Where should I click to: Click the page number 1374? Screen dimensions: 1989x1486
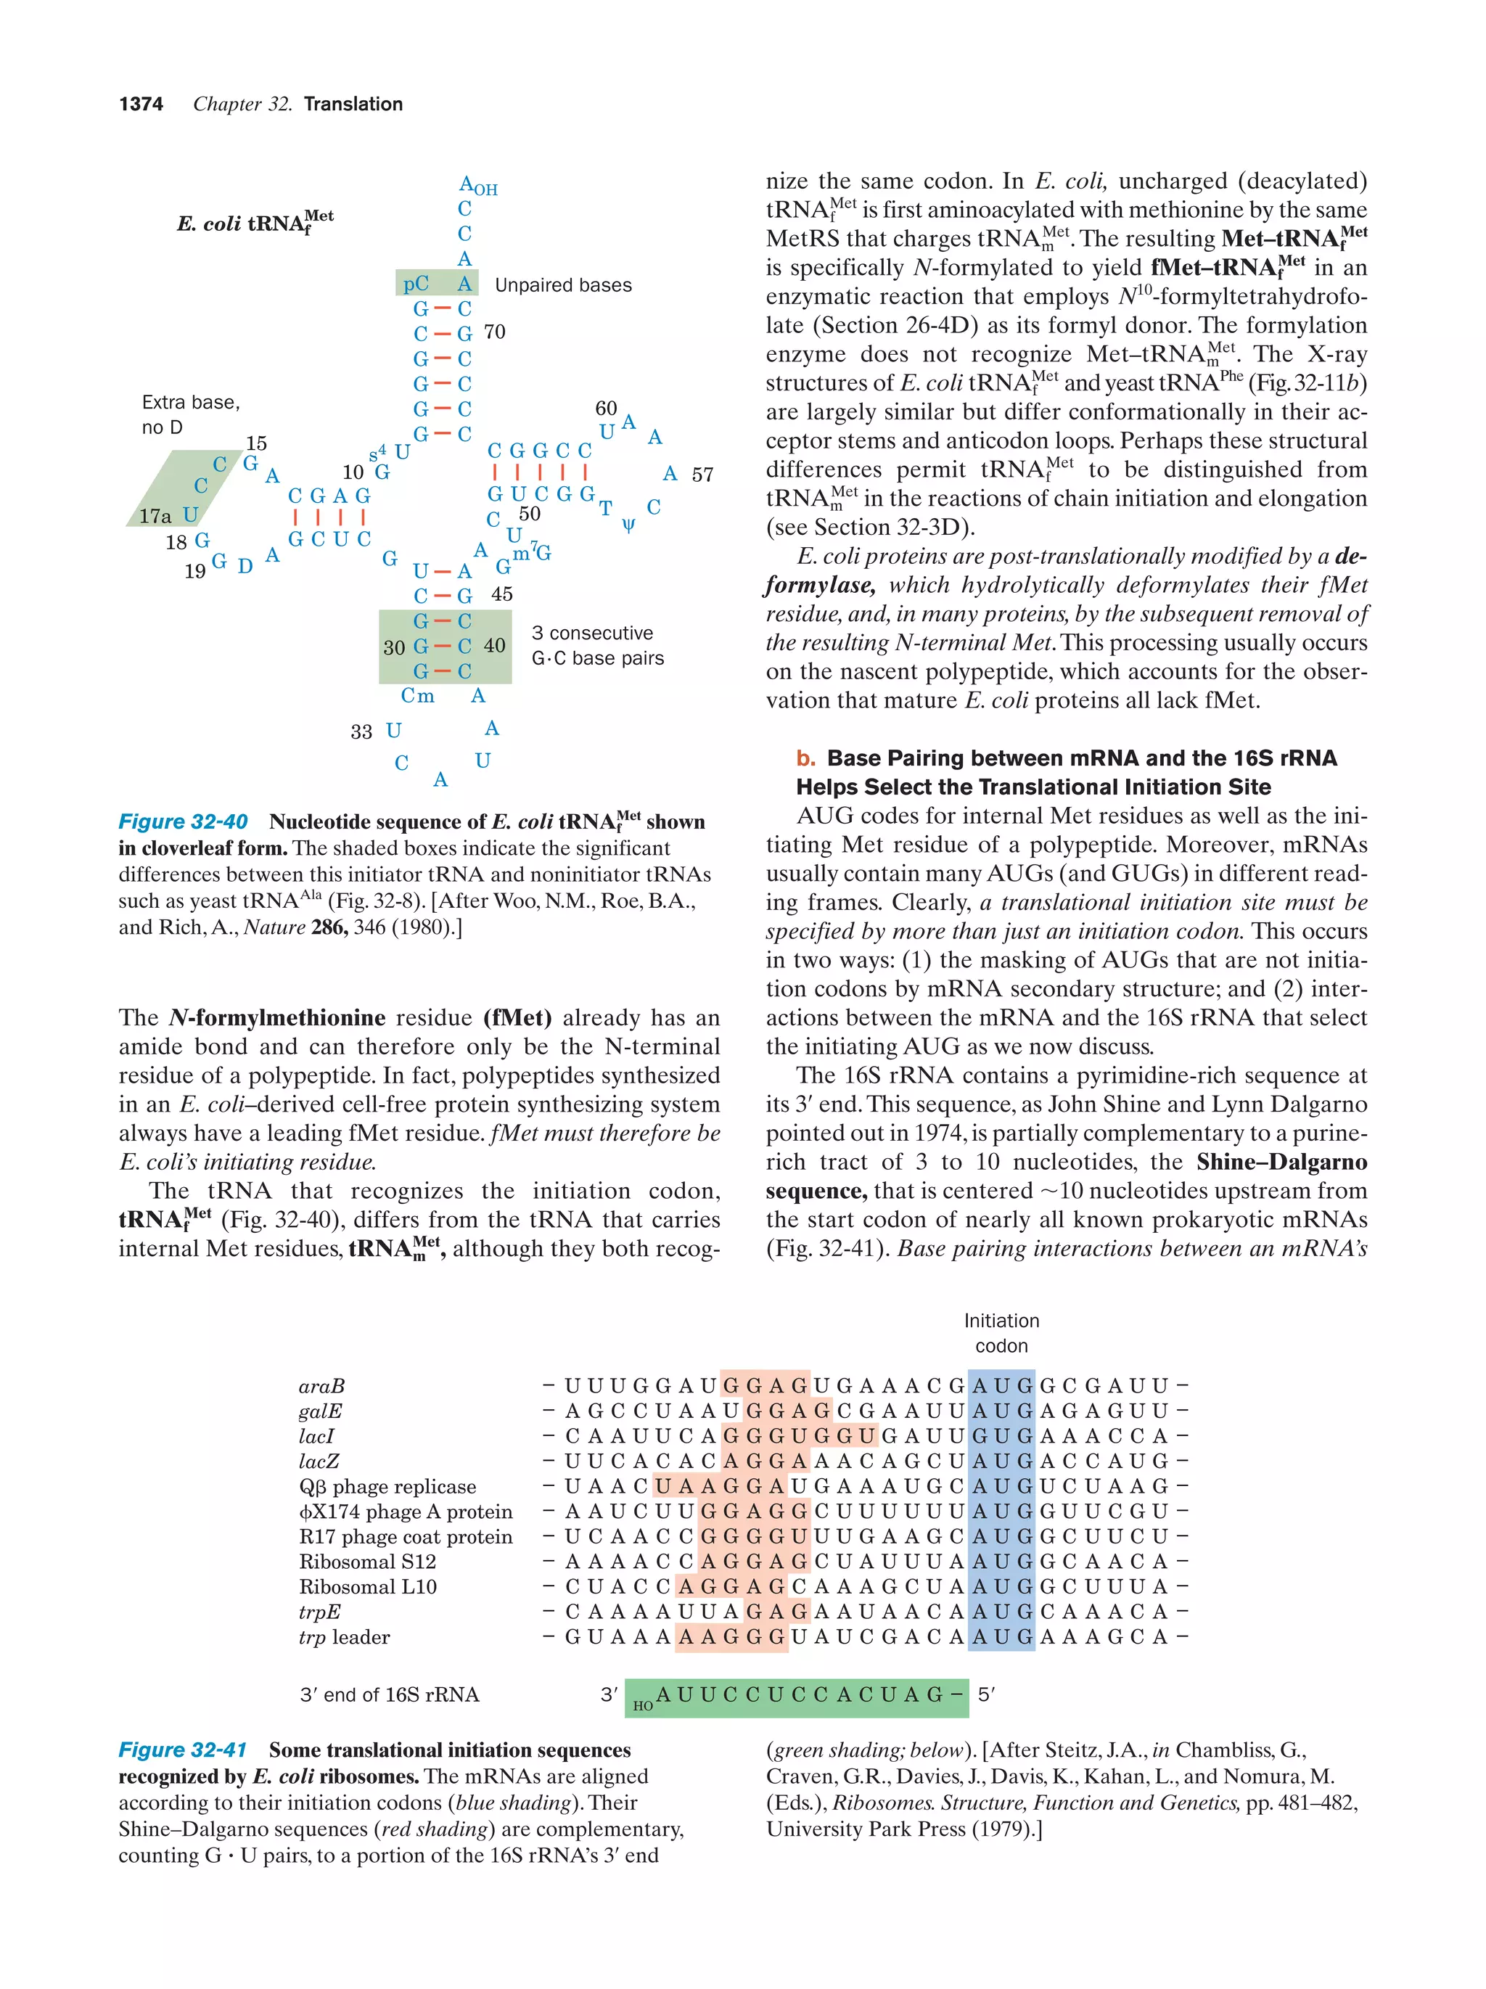click(141, 104)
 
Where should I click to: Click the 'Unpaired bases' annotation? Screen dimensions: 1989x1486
click(563, 285)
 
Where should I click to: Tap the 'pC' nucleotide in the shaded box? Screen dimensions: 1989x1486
click(415, 284)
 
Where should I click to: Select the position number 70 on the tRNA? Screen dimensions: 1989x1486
click(494, 332)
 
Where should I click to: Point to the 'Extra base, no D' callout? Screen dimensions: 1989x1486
click(191, 414)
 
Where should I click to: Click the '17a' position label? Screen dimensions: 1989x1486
click(154, 515)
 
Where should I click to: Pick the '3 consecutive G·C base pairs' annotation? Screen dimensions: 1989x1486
click(597, 646)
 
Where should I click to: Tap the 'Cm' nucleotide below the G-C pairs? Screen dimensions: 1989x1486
click(417, 696)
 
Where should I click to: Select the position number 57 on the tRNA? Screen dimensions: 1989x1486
click(702, 475)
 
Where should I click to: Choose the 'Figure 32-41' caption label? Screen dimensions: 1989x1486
click(183, 1750)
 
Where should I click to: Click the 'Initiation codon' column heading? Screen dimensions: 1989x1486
click(1001, 1332)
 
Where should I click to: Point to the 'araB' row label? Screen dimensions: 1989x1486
click(321, 1387)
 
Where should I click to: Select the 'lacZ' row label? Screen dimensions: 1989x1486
click(319, 1461)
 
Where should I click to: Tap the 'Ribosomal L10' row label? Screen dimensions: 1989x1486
click(368, 1587)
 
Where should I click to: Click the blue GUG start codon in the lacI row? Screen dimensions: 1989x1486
click(1001, 1436)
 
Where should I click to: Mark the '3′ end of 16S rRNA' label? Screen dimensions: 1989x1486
click(389, 1695)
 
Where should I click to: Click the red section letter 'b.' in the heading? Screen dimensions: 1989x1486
click(805, 758)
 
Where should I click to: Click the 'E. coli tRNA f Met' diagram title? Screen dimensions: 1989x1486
click(255, 222)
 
